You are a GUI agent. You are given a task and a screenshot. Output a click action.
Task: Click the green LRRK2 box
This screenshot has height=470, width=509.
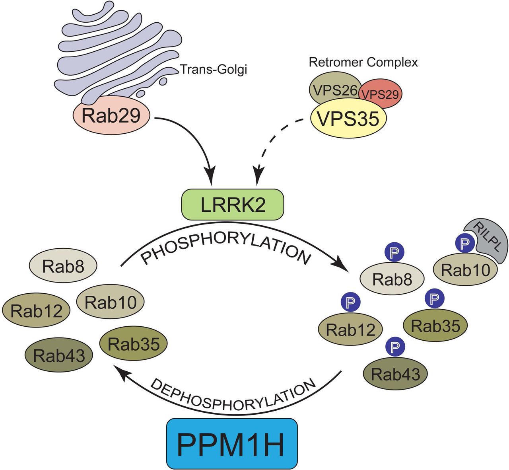click(233, 205)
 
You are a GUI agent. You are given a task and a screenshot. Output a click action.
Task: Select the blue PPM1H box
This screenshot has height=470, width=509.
click(232, 443)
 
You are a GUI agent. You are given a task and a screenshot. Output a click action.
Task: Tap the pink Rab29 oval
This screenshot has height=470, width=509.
click(111, 115)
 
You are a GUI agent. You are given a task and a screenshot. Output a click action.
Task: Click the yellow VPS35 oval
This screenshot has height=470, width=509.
click(348, 118)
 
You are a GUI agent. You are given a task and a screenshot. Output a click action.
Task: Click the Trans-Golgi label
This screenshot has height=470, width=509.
click(214, 69)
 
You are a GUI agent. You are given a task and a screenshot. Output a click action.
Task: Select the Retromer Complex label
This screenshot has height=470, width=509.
click(363, 62)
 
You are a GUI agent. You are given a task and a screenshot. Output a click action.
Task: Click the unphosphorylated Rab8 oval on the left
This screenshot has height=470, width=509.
click(63, 266)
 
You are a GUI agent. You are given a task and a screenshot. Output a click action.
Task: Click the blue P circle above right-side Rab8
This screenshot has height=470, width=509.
click(394, 252)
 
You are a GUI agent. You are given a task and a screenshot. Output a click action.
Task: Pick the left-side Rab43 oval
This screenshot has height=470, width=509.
click(59, 355)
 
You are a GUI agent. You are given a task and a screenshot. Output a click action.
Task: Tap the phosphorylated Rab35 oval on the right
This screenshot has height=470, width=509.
click(435, 326)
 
